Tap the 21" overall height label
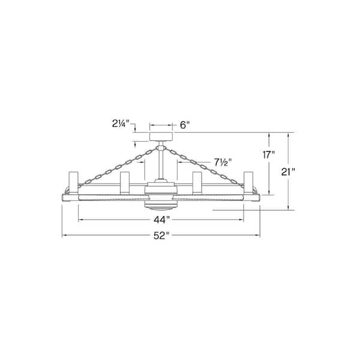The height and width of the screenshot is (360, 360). coord(289,171)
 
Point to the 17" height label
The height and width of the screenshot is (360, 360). coord(269,154)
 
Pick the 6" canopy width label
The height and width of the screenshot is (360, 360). coord(185,125)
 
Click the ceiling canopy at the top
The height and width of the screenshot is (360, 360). coord(160,136)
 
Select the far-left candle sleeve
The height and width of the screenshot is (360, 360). coord(73,182)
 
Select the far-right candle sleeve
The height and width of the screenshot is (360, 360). coord(248,182)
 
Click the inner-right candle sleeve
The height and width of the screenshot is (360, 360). coord(196,182)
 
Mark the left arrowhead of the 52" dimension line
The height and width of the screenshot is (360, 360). coord(64,236)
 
